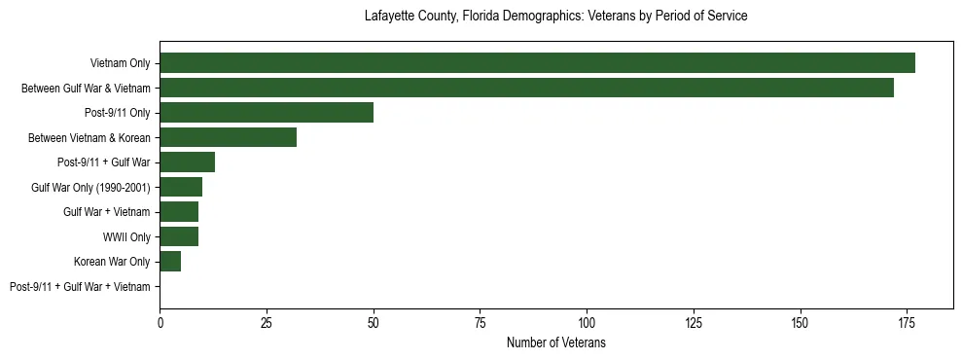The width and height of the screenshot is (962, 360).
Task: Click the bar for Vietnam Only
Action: (x=537, y=63)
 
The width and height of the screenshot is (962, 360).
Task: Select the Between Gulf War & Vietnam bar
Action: (x=526, y=88)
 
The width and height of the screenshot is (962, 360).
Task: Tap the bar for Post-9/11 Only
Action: (x=267, y=113)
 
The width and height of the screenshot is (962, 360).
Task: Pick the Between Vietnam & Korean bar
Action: (x=228, y=137)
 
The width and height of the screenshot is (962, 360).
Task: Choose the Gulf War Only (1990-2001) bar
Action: (x=181, y=187)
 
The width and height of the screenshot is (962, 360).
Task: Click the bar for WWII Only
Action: (x=179, y=236)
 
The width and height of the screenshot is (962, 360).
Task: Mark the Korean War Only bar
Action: (x=170, y=261)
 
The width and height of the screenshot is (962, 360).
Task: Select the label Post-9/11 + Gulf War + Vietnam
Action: (x=80, y=287)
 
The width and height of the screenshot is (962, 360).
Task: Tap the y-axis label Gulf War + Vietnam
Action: (x=107, y=212)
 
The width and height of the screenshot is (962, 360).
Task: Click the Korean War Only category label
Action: (x=112, y=262)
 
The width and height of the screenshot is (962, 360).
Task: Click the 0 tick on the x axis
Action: (x=160, y=323)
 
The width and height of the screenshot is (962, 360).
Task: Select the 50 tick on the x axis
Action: (x=374, y=323)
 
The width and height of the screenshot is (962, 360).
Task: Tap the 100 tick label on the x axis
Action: (x=587, y=323)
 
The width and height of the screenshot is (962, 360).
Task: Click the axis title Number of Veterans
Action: (x=555, y=343)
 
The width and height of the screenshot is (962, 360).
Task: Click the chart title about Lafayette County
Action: (x=555, y=17)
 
